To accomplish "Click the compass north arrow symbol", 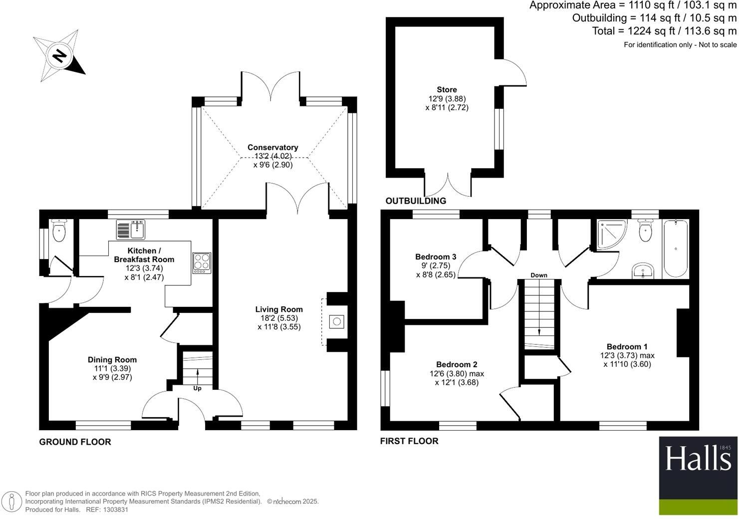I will pyautogui.click(x=59, y=55).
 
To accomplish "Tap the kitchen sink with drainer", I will pyautogui.click(x=130, y=230).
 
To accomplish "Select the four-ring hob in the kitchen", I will pyautogui.click(x=202, y=262).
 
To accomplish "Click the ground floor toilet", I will pyautogui.click(x=59, y=231).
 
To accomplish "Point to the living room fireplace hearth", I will pyautogui.click(x=336, y=321).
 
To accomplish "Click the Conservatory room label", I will pyautogui.click(x=272, y=147).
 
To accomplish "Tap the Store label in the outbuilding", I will pyautogui.click(x=447, y=90).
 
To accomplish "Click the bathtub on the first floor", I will pyautogui.click(x=675, y=249).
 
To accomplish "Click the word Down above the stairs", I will pyautogui.click(x=539, y=275).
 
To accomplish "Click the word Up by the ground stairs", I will pyautogui.click(x=197, y=388).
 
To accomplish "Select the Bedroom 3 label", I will pyautogui.click(x=436, y=257).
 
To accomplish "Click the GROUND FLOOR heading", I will pyautogui.click(x=75, y=442).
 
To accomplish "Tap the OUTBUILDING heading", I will pyautogui.click(x=416, y=201).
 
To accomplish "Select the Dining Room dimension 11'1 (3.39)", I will pyautogui.click(x=112, y=368).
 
